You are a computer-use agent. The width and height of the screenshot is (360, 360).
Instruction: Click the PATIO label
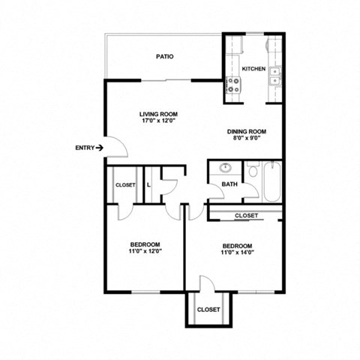point(165,56)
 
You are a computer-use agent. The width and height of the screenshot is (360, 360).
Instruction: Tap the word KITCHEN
point(253,68)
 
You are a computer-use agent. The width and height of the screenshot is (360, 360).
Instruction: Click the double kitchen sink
point(277,73)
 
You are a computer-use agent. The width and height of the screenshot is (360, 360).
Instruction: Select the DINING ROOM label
point(247,131)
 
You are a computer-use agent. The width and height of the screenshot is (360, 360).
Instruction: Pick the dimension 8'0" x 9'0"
point(247,138)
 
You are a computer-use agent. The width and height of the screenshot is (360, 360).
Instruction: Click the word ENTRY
point(84,148)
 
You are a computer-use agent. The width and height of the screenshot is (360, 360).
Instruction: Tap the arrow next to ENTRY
point(100,148)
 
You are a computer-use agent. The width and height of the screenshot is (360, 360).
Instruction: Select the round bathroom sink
point(226,169)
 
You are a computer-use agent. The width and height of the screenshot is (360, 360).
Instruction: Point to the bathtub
point(271,181)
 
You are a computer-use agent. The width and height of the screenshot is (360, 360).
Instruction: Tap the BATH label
point(229,184)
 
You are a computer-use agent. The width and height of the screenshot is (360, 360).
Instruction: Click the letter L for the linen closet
point(149,184)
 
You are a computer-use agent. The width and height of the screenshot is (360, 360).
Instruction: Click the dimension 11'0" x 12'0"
point(144,251)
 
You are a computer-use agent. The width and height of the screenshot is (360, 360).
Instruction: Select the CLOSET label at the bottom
point(208,309)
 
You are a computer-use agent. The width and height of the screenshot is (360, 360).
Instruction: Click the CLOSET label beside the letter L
point(124,184)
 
